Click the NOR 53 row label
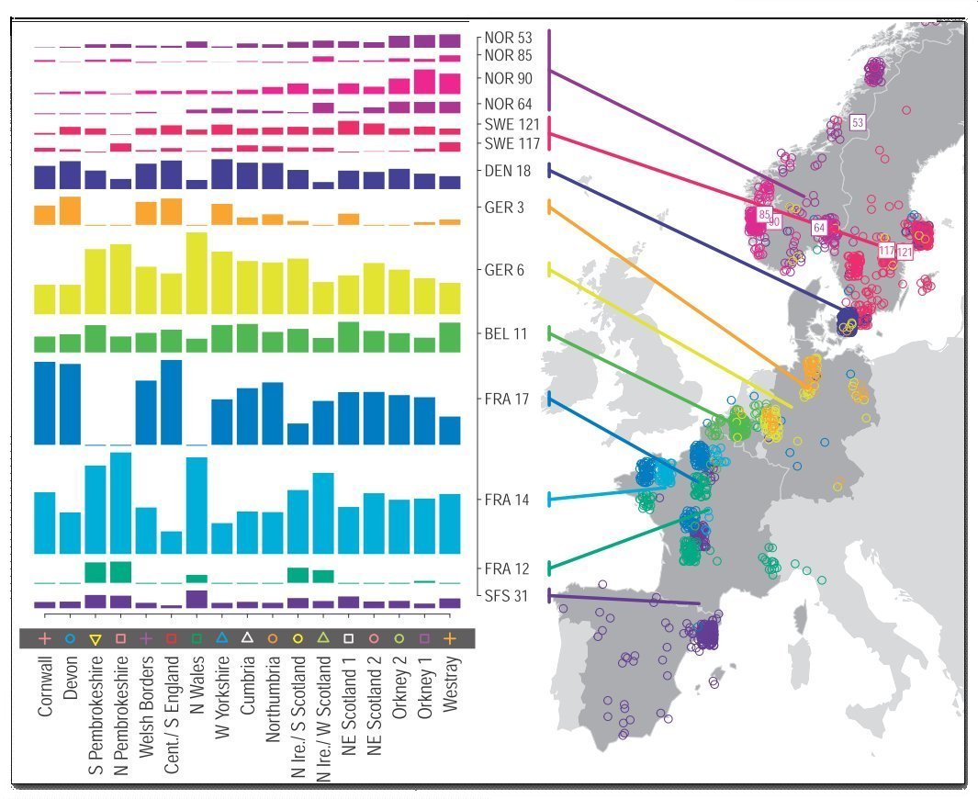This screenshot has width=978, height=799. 507,39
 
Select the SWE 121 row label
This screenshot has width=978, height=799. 507,124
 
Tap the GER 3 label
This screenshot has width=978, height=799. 505,208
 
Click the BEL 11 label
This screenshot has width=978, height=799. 506,333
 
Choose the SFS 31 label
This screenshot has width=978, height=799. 506,595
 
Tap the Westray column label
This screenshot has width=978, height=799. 449,689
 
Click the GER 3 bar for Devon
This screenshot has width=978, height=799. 71,210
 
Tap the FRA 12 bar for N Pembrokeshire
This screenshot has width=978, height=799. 121,571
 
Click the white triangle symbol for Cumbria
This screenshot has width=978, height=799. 247,637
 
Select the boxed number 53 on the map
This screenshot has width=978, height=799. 859,122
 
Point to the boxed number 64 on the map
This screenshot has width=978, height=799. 819,227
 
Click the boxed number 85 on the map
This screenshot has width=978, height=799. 763,215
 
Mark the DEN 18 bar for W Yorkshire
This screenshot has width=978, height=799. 221,174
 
